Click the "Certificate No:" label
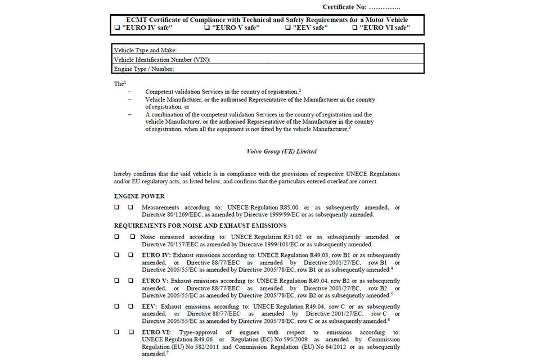click(344, 7)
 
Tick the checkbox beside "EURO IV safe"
click(117, 27)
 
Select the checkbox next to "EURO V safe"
click(206, 27)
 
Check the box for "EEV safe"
click(288, 27)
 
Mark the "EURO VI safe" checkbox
click(354, 27)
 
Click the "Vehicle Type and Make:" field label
click(145, 50)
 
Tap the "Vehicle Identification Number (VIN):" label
click(162, 60)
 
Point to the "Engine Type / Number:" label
click(144, 69)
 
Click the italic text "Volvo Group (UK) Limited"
click(281, 151)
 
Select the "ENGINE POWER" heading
click(139, 196)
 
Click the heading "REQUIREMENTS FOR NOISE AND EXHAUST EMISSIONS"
click(200, 226)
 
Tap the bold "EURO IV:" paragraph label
click(156, 255)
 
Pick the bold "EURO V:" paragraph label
click(155, 281)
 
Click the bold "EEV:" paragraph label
click(150, 306)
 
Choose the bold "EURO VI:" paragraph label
click(157, 332)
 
